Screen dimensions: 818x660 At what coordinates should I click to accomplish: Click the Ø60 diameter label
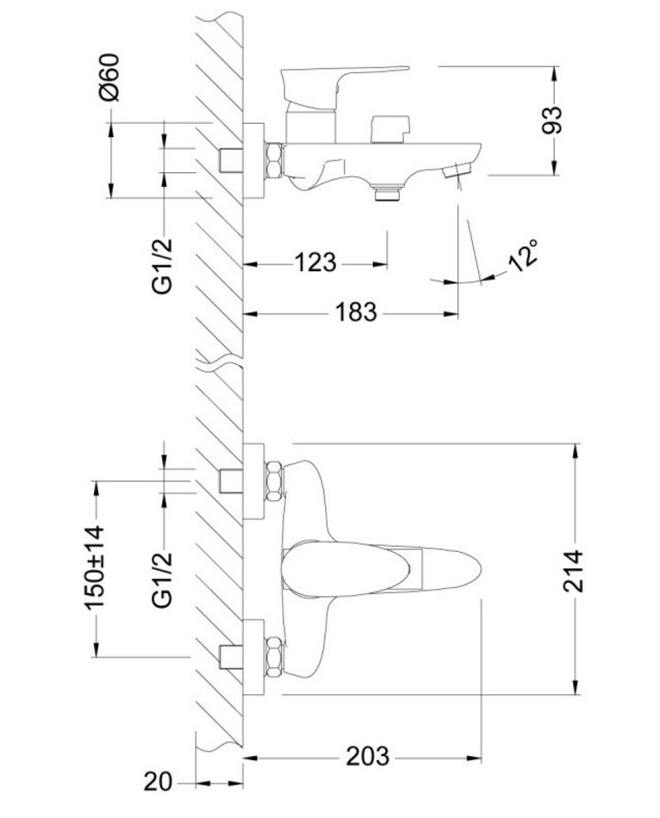(x=109, y=80)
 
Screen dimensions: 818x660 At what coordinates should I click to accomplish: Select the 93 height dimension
(x=553, y=119)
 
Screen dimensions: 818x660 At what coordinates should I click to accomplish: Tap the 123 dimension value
(x=314, y=262)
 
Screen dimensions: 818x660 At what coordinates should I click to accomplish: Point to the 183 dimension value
(x=354, y=312)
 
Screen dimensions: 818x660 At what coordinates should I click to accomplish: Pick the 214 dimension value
(x=575, y=569)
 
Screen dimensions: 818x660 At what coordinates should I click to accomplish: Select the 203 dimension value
(x=367, y=757)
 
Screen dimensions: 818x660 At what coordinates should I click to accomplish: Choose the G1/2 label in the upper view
(x=162, y=256)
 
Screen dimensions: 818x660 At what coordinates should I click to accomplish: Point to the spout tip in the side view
(x=457, y=172)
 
